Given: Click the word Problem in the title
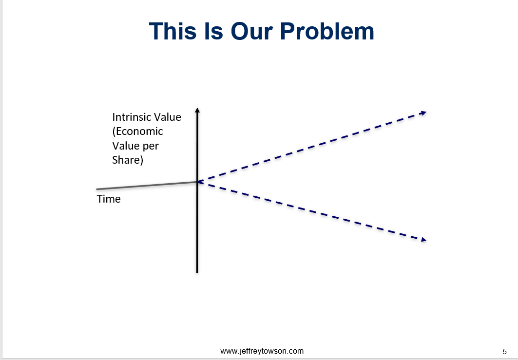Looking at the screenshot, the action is tap(327, 31).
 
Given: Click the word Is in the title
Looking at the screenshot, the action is tap(213, 31).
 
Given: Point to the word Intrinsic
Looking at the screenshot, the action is tap(133, 117).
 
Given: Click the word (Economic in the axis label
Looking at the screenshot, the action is tap(138, 132).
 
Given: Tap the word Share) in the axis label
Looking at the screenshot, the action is tap(128, 160).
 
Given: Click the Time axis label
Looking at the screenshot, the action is tap(109, 199).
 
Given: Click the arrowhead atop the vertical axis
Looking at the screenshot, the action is tap(197, 110).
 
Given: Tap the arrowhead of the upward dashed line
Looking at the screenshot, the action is tap(423, 113).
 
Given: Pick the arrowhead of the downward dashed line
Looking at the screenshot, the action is tap(423, 240).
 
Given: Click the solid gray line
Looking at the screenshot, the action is tap(147, 186).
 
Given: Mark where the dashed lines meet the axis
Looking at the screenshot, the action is tap(197, 182).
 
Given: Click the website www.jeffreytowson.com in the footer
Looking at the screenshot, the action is tap(262, 351).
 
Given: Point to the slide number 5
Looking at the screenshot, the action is tap(504, 352).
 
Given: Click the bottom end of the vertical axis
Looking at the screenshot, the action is tap(197, 273).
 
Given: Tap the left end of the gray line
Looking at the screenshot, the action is tap(96, 189).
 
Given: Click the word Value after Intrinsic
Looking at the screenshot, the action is tap(169, 117).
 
